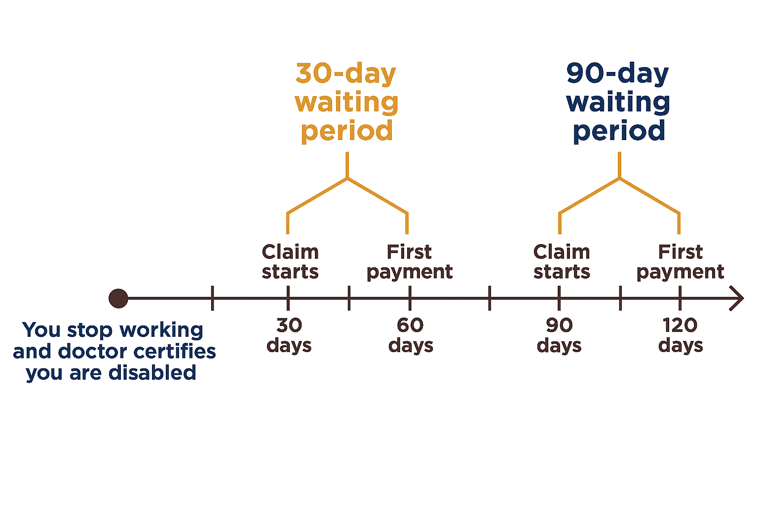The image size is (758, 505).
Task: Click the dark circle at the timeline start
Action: pyautogui.click(x=118, y=298)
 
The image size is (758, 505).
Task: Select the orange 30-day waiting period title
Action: pyautogui.click(x=347, y=103)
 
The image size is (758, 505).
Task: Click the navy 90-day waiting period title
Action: pyautogui.click(x=618, y=103)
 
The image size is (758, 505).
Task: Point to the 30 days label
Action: pyautogui.click(x=289, y=335)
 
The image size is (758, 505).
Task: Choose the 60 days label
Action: pyautogui.click(x=411, y=335)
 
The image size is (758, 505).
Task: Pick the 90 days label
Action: pyautogui.click(x=559, y=335)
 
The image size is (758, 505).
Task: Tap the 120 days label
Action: pyautogui.click(x=681, y=335)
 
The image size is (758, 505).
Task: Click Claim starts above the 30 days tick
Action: pyautogui.click(x=290, y=261)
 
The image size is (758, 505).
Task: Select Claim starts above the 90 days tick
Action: pyautogui.click(x=562, y=261)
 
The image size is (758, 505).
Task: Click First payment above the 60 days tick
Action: pyautogui.click(x=410, y=262)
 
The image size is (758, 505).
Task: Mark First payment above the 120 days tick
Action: pyautogui.click(x=681, y=262)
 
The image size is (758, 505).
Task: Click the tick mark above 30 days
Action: pyautogui.click(x=288, y=298)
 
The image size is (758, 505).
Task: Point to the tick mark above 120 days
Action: pyautogui.click(x=680, y=298)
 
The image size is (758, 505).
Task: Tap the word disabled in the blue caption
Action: pyautogui.click(x=152, y=373)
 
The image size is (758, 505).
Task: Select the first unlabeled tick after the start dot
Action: pyautogui.click(x=213, y=298)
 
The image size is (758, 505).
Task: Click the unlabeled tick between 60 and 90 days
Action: pyautogui.click(x=490, y=298)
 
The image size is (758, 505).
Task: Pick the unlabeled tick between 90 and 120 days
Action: pyautogui.click(x=620, y=298)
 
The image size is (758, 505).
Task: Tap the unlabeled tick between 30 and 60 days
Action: pyautogui.click(x=349, y=298)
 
